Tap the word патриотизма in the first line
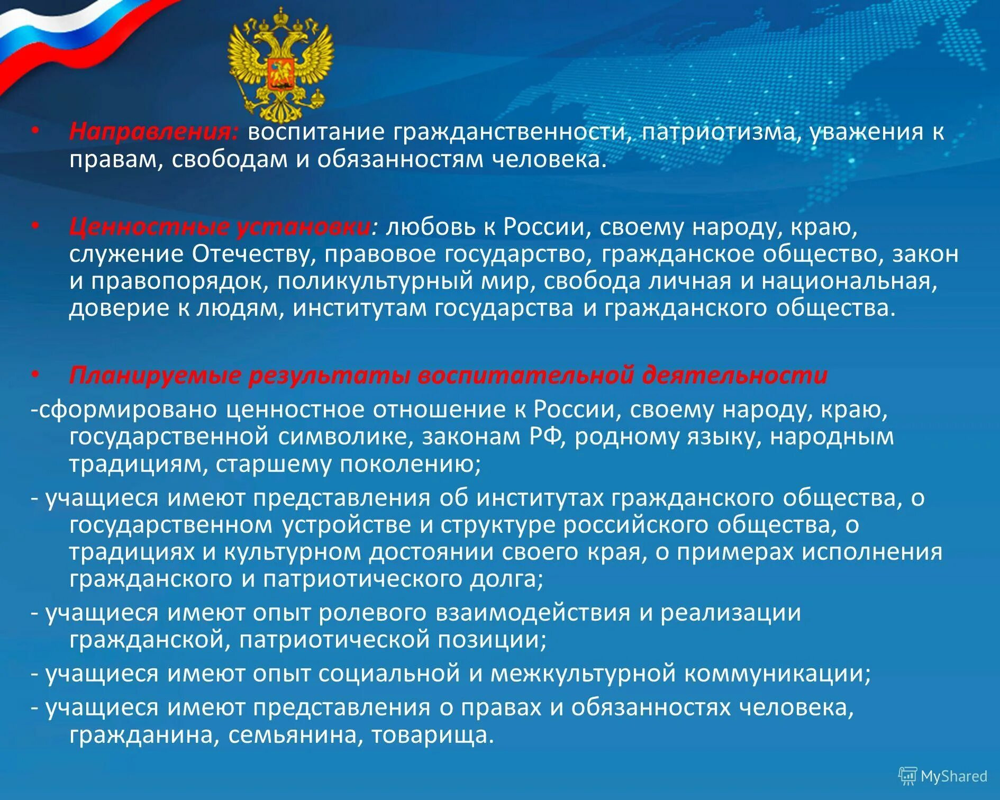click(718, 132)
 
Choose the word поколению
click(410, 465)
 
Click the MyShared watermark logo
click(943, 776)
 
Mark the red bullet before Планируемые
click(35, 376)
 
